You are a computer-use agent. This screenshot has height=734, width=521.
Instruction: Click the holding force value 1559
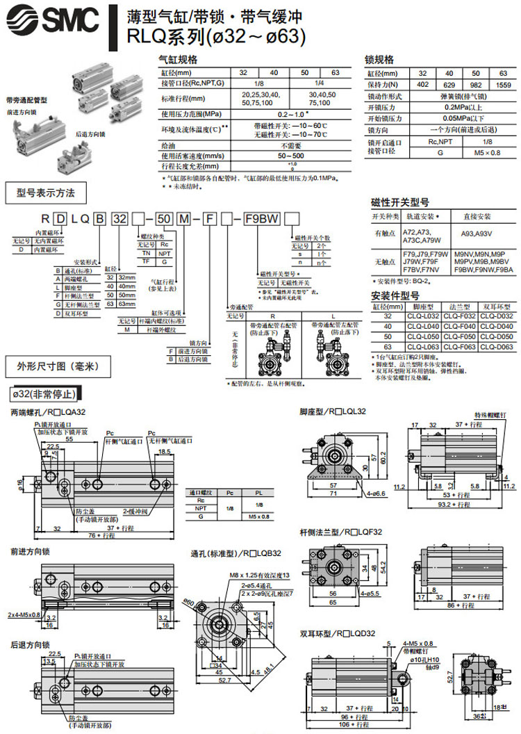pos(503,85)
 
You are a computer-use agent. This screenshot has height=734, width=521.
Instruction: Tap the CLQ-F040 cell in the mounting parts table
pos(461,326)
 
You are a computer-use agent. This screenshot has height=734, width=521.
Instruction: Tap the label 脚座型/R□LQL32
pos(333,411)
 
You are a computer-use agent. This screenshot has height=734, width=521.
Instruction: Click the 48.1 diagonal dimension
pos(270,689)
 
